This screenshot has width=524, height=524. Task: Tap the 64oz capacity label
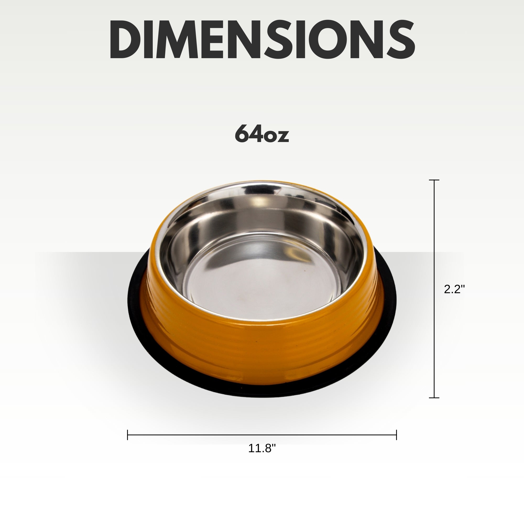pyautogui.click(x=262, y=133)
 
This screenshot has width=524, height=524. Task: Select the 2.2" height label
pyautogui.click(x=454, y=290)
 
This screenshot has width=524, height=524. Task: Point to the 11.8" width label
pyautogui.click(x=262, y=448)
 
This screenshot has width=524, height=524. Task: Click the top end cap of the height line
pyautogui.click(x=434, y=180)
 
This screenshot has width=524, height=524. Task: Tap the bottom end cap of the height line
pyautogui.click(x=434, y=398)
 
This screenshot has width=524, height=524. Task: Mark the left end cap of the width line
pyautogui.click(x=128, y=435)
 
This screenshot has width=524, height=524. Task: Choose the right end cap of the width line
pyautogui.click(x=396, y=435)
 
